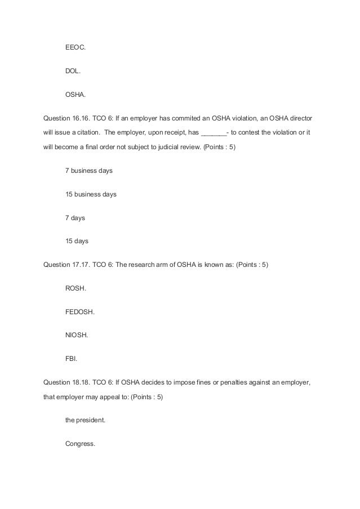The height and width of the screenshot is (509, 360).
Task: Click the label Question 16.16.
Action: pyautogui.click(x=64, y=120)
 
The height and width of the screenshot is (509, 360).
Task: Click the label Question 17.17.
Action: pyautogui.click(x=64, y=265)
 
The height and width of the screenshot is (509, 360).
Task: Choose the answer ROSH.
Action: pyautogui.click(x=76, y=288)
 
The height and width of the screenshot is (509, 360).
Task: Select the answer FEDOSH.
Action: pyautogui.click(x=80, y=311)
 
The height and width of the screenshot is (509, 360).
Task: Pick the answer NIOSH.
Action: pyautogui.click(x=77, y=334)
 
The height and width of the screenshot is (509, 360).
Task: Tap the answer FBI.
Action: pyautogui.click(x=72, y=358)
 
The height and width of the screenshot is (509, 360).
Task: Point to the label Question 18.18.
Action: pyautogui.click(x=64, y=382)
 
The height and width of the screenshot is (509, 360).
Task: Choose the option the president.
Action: pyautogui.click(x=85, y=420)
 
